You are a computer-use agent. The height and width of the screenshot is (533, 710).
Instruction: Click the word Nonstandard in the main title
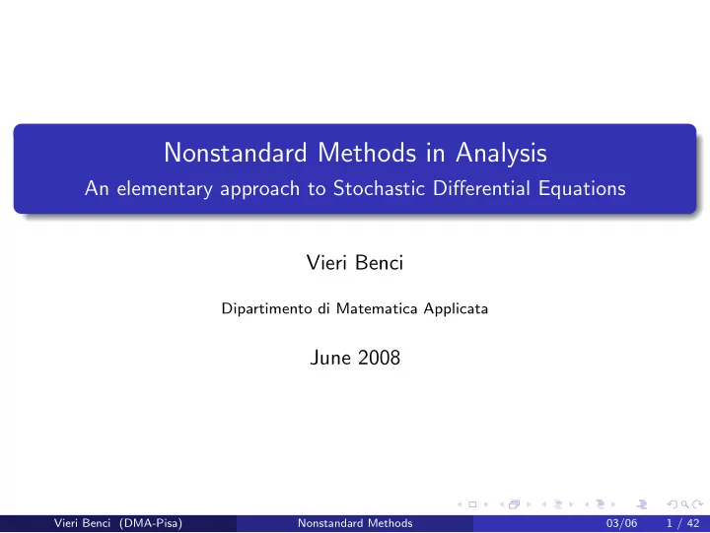(x=236, y=153)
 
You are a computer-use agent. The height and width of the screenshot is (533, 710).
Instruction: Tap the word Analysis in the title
(x=501, y=154)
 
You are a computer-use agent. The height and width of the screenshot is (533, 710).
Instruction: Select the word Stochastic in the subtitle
(x=379, y=188)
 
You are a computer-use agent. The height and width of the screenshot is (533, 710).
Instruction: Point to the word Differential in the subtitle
(x=481, y=188)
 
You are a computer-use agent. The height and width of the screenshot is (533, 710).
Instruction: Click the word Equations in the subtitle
(x=582, y=189)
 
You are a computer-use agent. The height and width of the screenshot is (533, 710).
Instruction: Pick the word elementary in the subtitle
(x=165, y=189)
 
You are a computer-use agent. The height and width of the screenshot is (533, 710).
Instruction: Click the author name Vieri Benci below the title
(x=355, y=262)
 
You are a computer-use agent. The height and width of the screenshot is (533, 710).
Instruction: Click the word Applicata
(x=456, y=308)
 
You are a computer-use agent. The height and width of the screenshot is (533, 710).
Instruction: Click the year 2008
(x=379, y=358)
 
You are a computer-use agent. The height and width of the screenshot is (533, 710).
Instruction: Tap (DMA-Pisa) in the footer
(x=151, y=523)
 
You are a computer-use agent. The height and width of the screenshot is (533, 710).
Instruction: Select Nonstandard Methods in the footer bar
(x=355, y=523)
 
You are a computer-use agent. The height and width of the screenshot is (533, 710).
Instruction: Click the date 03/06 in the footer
(x=621, y=523)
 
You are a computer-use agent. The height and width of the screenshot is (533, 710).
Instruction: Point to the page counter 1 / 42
(x=682, y=523)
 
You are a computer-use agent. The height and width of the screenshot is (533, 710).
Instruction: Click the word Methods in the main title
(x=367, y=153)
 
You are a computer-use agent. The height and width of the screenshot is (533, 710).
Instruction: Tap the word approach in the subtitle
(x=260, y=189)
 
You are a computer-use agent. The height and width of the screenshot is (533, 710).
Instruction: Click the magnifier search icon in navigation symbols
(x=684, y=504)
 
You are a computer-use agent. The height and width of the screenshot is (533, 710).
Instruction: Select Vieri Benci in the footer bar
(x=82, y=523)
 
